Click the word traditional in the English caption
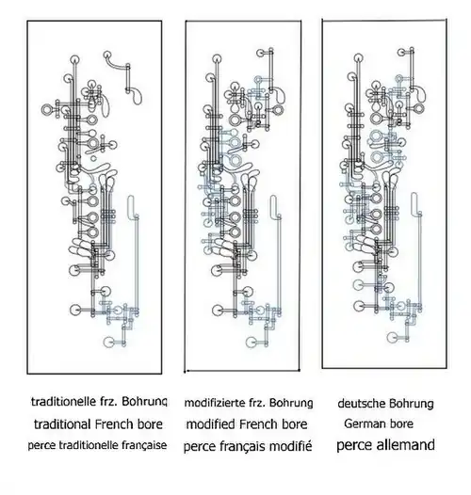(62, 424)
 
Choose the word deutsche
(362, 404)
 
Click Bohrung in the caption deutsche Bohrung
(412, 404)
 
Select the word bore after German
(401, 424)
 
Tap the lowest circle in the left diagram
(109, 342)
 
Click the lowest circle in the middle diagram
(252, 343)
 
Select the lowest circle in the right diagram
(392, 337)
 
